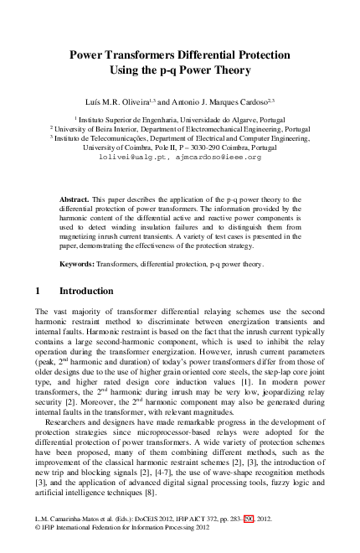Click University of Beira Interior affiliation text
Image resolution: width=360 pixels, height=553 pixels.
point(100,129)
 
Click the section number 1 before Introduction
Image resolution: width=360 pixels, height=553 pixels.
point(39,292)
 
